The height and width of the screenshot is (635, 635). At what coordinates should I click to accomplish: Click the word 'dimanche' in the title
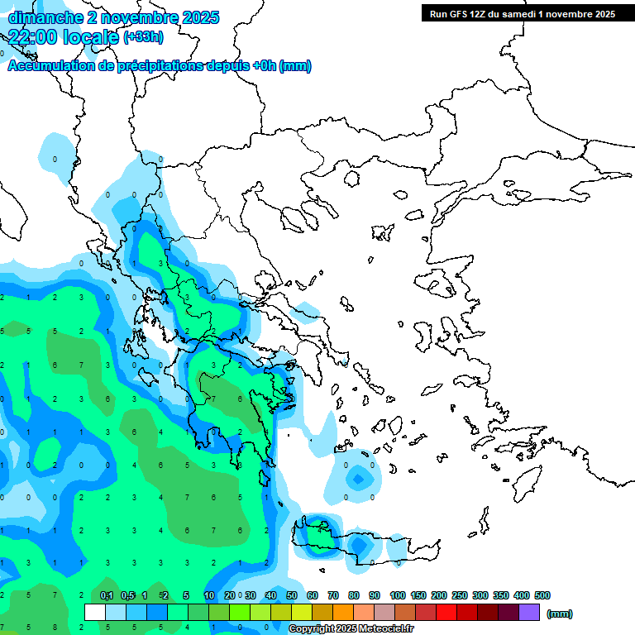44,17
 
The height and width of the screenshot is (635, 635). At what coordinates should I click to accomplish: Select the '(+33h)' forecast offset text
143,37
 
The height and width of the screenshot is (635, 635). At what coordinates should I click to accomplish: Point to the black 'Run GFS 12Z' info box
522,13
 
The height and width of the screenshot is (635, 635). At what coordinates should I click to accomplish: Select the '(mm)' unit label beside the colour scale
560,614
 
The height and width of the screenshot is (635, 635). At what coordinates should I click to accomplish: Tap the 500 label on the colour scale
542,595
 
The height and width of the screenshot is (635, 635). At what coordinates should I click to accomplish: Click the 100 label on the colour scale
397,595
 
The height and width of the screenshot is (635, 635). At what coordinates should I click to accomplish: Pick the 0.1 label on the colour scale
107,595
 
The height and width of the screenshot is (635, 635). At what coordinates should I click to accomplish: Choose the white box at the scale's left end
95,613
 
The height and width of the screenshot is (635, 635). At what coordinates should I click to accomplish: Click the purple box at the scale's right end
529,613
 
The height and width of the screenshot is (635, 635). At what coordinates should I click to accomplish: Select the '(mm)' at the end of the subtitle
296,66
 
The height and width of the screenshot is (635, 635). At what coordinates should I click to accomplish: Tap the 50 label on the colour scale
292,595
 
